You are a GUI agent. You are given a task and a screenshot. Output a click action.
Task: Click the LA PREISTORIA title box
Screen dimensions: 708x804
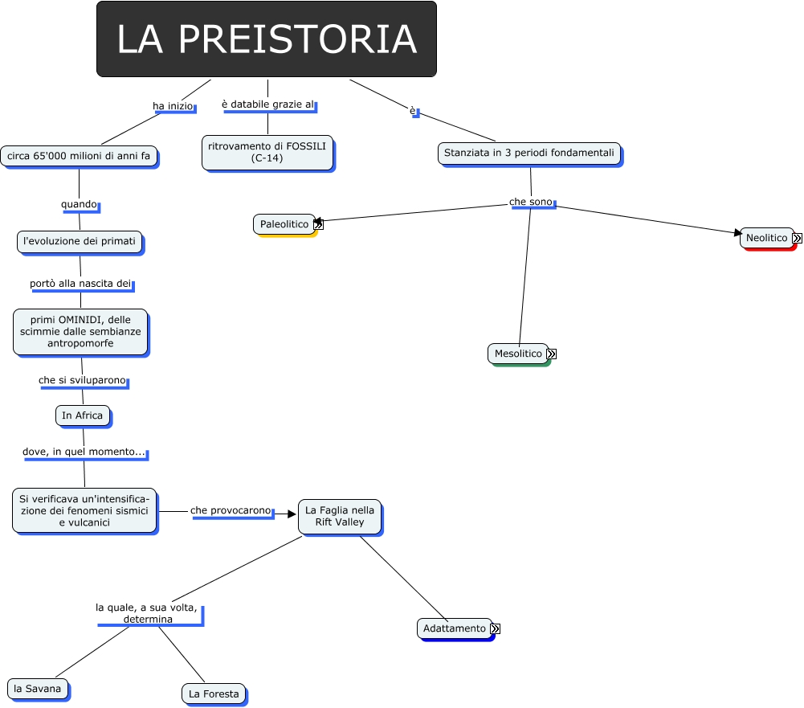point(266,39)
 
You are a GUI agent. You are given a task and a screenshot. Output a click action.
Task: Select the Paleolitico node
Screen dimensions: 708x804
point(284,224)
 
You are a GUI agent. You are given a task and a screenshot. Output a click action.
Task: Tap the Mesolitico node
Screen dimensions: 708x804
point(518,354)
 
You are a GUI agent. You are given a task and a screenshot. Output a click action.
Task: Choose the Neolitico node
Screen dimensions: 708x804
point(766,238)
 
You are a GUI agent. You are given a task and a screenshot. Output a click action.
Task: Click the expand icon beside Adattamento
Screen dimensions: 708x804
point(495,628)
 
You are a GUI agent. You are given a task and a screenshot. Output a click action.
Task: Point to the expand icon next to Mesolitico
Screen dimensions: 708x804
point(552,354)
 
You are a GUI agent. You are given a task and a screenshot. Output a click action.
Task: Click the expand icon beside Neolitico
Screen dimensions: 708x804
point(797,238)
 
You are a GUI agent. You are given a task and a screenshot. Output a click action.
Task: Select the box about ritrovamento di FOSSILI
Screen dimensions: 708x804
point(267,152)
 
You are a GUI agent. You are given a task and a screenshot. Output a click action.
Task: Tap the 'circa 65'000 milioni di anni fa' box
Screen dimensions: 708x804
point(79,156)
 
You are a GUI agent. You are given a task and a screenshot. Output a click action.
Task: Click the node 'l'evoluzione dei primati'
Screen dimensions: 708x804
point(80,241)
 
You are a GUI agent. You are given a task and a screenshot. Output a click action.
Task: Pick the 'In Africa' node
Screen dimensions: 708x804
point(82,415)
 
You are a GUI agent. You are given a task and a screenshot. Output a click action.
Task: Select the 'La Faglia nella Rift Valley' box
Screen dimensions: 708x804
point(340,516)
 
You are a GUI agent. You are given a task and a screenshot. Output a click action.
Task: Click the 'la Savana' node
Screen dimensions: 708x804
point(37,689)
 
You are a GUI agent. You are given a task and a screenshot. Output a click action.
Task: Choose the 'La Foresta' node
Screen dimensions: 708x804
point(214,694)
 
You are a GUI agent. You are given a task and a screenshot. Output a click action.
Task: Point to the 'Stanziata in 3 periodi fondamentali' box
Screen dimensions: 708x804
point(529,153)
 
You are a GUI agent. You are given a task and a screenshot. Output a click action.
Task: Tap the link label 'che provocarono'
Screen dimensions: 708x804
point(231,510)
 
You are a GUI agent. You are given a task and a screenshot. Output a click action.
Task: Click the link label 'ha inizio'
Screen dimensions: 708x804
point(173,106)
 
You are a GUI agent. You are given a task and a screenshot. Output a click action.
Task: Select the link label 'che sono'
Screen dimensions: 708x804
point(531,201)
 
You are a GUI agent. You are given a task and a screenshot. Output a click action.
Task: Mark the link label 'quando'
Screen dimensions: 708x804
point(79,204)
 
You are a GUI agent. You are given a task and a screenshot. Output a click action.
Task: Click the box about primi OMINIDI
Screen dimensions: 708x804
point(80,331)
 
